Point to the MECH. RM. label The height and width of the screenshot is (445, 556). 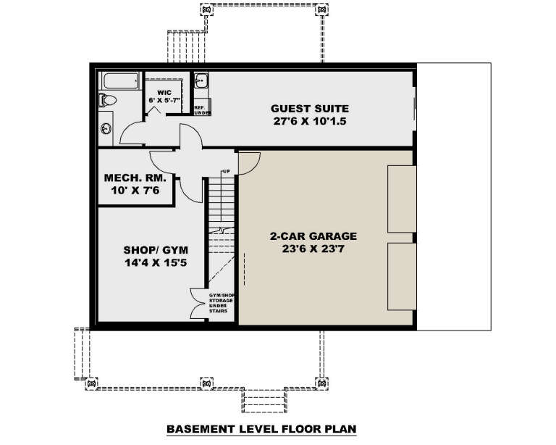click(x=135, y=178)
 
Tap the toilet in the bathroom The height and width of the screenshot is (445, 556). click(x=107, y=100)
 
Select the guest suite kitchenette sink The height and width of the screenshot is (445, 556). click(x=202, y=82)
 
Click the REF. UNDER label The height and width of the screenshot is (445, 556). click(x=202, y=109)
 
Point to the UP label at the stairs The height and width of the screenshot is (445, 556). click(x=226, y=172)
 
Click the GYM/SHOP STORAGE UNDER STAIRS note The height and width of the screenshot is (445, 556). click(x=219, y=305)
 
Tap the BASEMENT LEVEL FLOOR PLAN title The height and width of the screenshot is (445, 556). click(x=262, y=429)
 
